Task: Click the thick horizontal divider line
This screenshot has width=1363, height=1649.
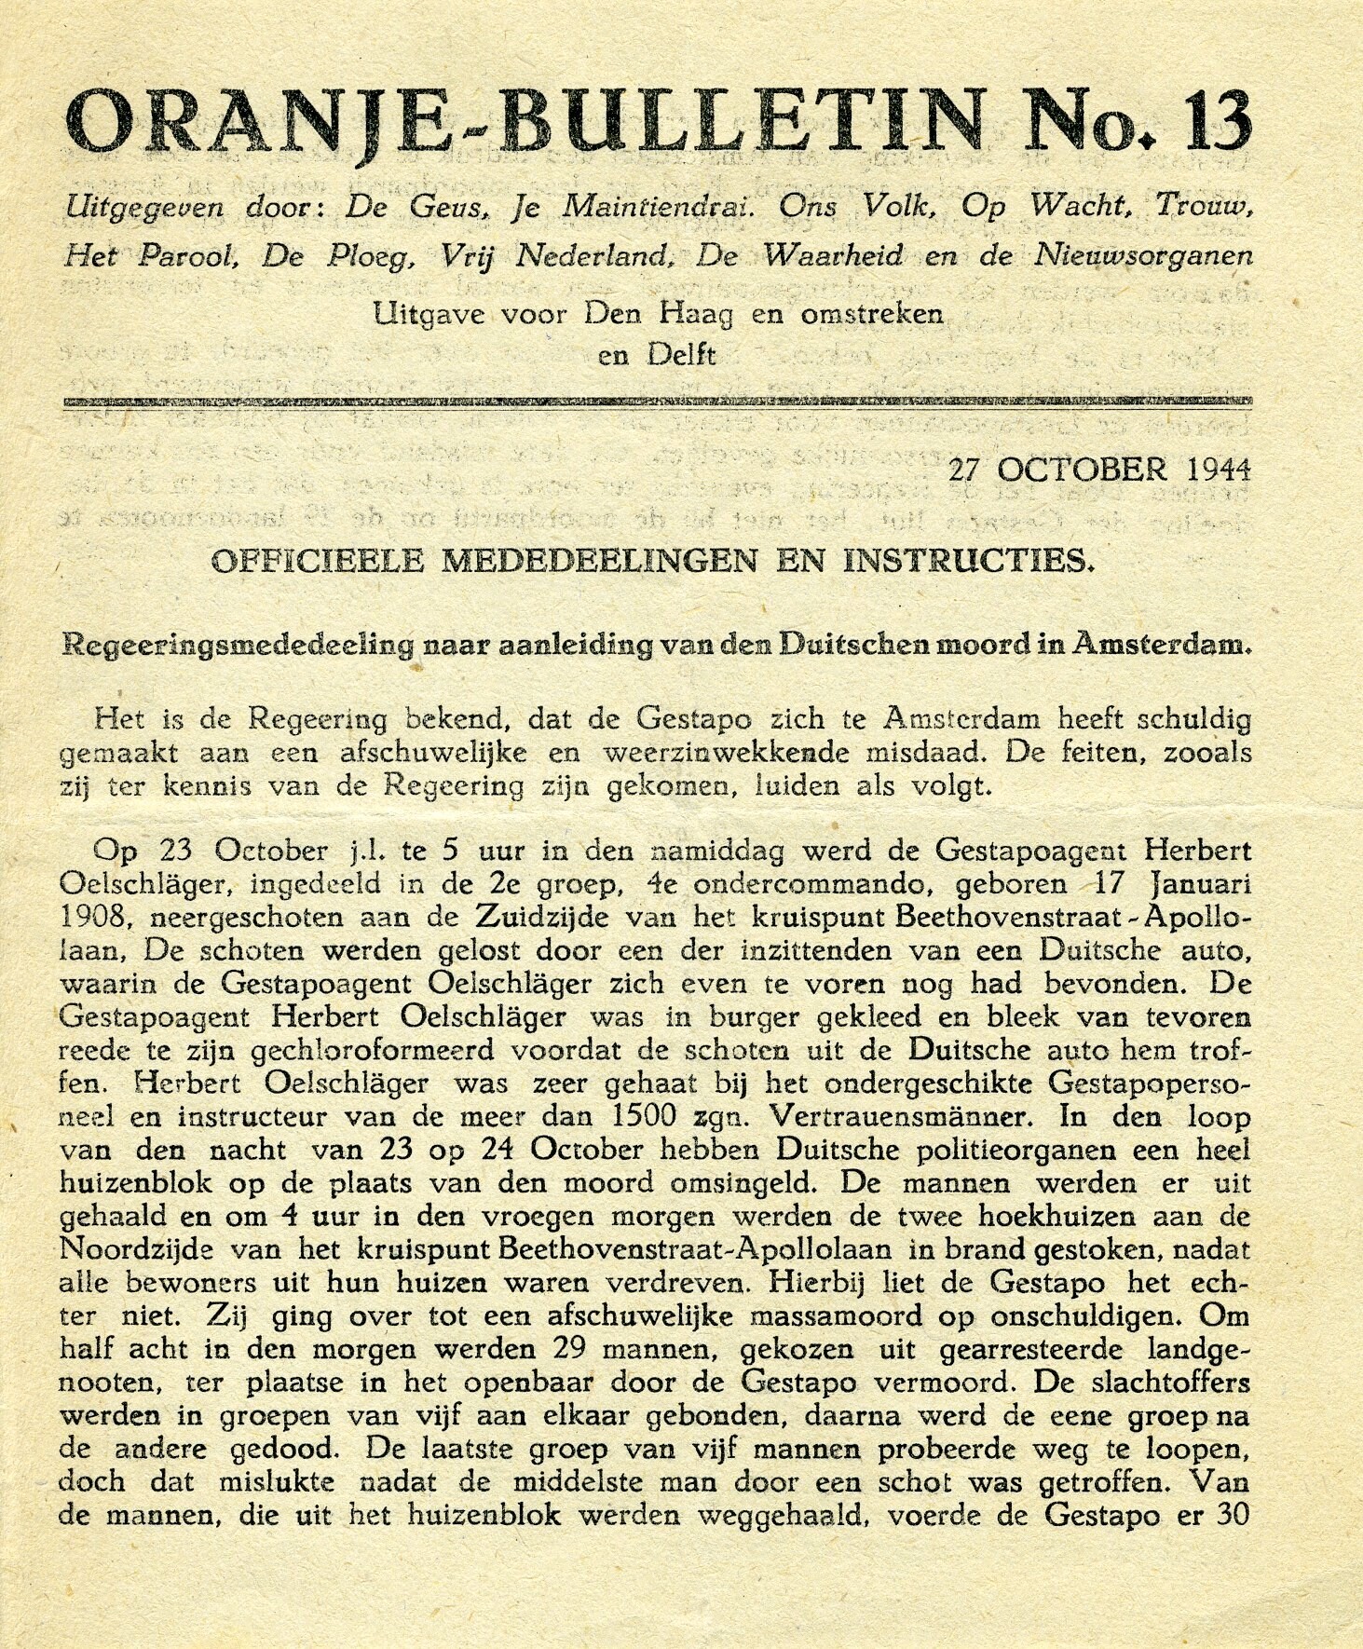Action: [x=656, y=402]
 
